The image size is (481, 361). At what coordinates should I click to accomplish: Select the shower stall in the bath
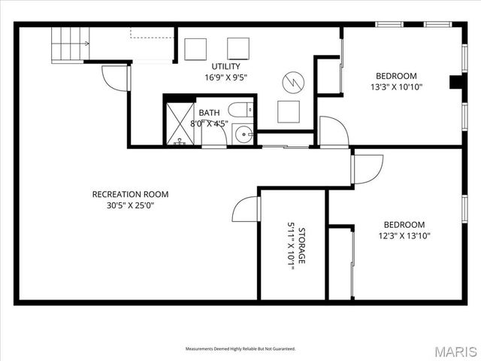(x=180, y=123)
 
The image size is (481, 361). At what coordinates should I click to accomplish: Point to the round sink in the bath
(x=244, y=135)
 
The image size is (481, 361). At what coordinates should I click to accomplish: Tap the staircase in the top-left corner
(x=70, y=44)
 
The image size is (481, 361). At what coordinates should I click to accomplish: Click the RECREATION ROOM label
(x=130, y=194)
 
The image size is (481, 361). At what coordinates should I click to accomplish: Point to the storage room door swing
(x=245, y=209)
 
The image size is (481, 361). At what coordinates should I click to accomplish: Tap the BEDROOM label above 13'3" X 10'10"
(x=396, y=75)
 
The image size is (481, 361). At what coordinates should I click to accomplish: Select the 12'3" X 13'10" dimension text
(x=404, y=235)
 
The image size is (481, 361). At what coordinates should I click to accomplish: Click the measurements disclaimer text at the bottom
(x=240, y=349)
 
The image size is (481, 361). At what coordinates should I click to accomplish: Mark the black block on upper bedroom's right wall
(x=456, y=82)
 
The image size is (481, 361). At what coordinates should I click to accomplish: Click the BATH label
(x=210, y=113)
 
